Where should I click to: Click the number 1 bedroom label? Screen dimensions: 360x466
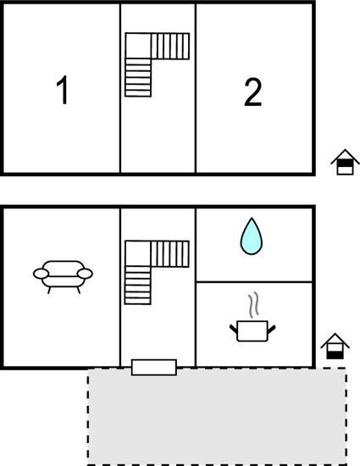click(x=63, y=90)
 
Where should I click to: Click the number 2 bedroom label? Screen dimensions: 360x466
click(x=253, y=92)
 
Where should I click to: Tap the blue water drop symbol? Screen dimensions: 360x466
click(x=252, y=236)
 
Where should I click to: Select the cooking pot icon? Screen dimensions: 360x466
click(x=252, y=330)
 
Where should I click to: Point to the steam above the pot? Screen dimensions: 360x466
click(x=253, y=305)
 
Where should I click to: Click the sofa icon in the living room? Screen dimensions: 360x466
click(x=63, y=277)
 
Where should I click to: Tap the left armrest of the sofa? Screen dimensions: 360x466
click(x=41, y=274)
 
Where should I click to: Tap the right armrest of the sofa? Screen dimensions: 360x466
click(x=85, y=274)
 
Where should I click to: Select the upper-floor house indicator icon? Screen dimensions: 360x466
click(x=345, y=163)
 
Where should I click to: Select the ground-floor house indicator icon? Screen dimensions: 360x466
click(x=335, y=347)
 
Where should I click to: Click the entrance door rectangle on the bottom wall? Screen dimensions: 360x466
click(x=154, y=368)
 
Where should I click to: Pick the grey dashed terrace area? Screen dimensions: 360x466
click(x=217, y=416)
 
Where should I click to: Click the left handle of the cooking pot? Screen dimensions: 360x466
click(x=234, y=329)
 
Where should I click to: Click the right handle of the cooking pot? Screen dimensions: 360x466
click(x=272, y=329)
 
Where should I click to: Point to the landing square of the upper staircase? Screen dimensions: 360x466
click(x=138, y=46)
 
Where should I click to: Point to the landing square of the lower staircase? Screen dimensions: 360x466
click(x=138, y=253)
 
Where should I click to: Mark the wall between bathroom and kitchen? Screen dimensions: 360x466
click(x=254, y=281)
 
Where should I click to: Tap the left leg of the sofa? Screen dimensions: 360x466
click(x=49, y=290)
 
